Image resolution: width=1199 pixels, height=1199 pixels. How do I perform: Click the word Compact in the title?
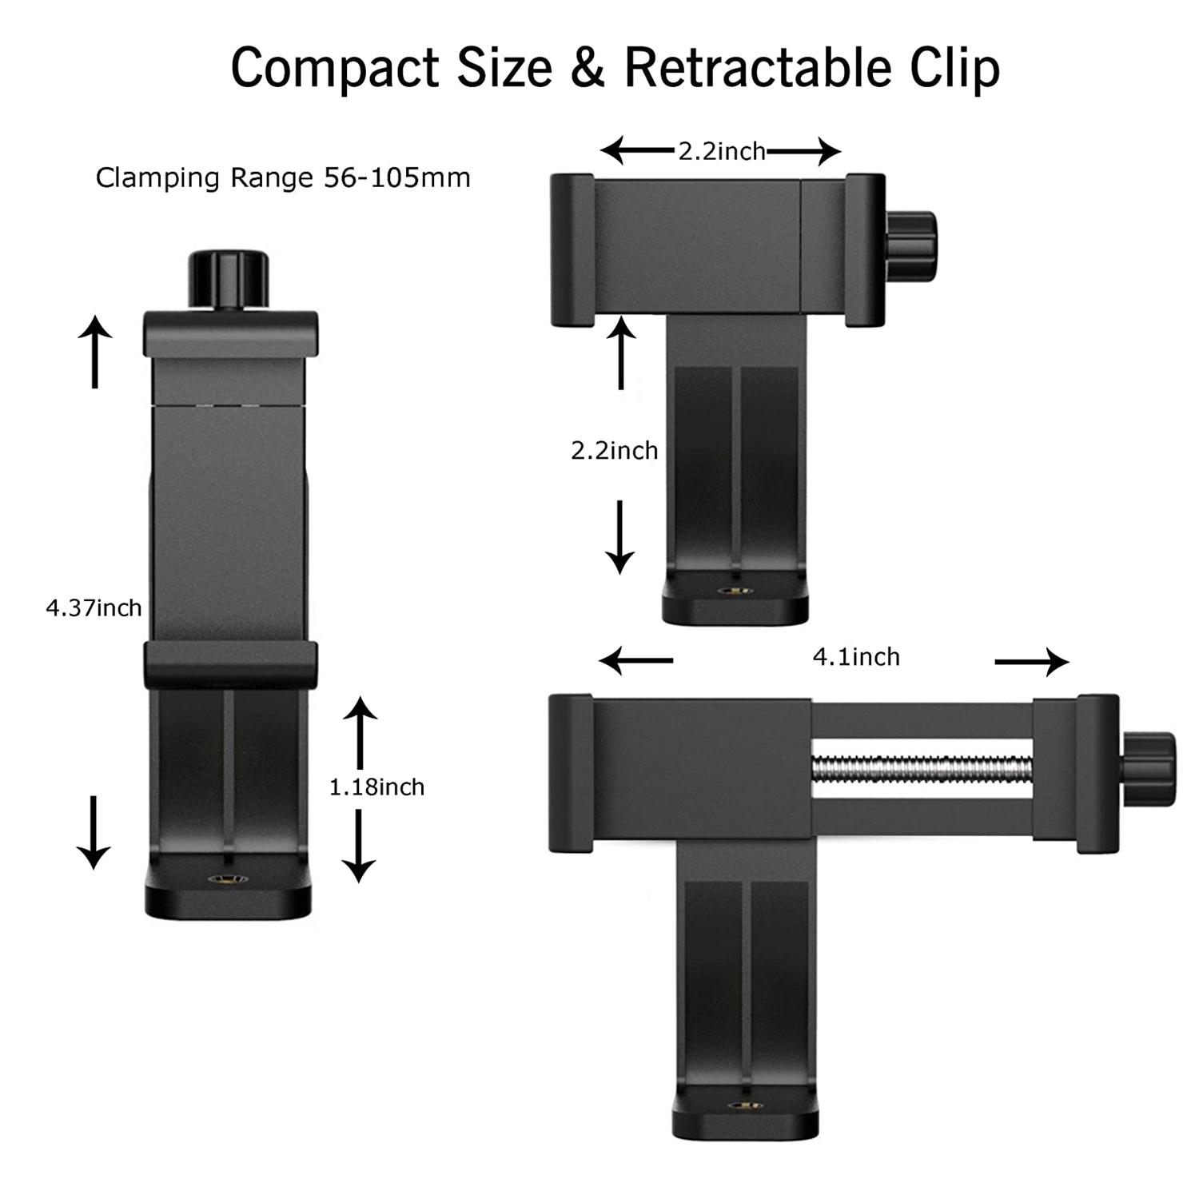coord(335,68)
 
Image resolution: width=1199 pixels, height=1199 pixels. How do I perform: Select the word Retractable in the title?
coord(757,68)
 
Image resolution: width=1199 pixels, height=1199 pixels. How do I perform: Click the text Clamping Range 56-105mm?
coord(283,177)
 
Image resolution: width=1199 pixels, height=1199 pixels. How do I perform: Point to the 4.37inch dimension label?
coord(94,608)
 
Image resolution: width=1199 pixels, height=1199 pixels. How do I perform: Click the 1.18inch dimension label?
coord(376,787)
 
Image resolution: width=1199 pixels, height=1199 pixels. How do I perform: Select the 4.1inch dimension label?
coord(856,657)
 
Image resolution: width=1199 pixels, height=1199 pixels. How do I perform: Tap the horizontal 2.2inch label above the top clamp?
coord(721,151)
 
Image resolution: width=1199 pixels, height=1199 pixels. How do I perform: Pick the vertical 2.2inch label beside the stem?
coord(614,451)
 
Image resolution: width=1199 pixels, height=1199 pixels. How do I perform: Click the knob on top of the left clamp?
coord(228,279)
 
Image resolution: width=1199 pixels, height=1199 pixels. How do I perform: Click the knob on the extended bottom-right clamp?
coord(1148,770)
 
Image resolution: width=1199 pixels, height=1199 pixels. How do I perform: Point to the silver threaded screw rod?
coord(921,770)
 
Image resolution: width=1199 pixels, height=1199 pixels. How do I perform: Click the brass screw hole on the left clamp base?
coord(228,880)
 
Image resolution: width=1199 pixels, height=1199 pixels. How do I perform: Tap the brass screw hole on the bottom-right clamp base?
coord(745,1105)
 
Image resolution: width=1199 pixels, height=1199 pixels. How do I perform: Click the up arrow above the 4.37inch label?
coord(94,352)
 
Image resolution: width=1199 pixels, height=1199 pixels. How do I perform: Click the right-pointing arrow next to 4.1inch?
coord(1031,662)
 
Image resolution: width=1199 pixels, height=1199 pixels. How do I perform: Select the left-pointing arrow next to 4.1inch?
coord(636,661)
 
